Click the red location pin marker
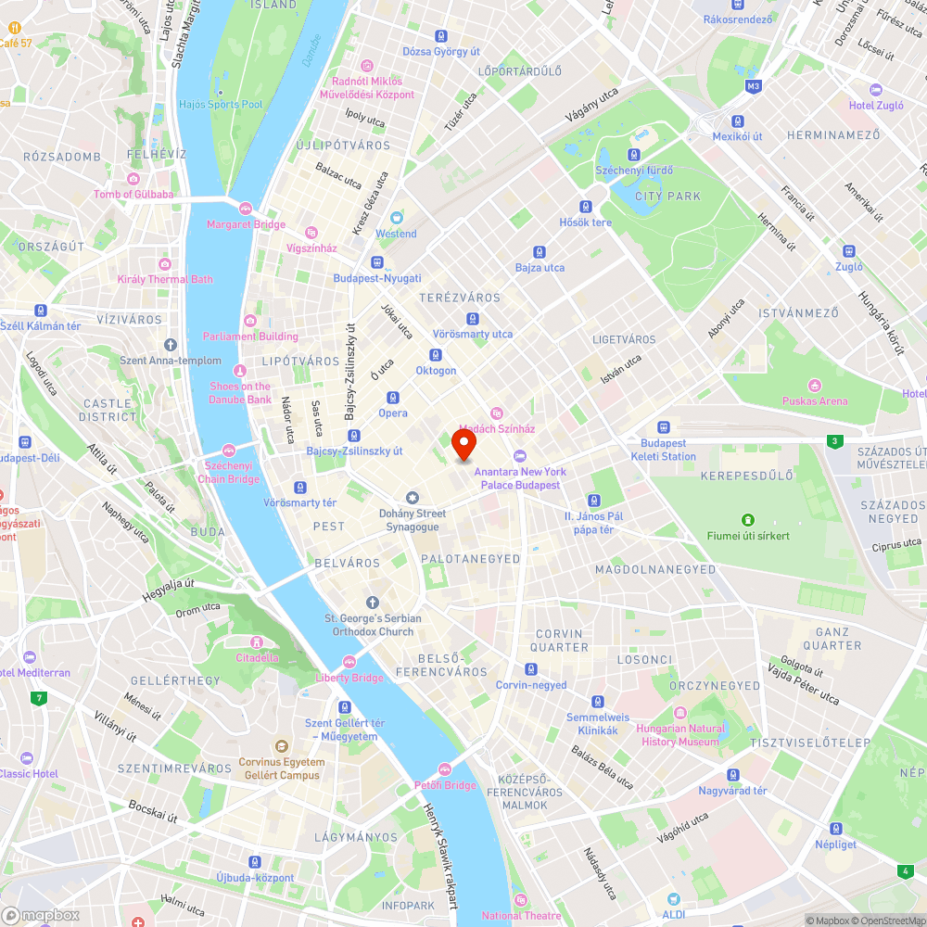click(463, 444)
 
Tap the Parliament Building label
click(251, 337)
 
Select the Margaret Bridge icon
click(246, 210)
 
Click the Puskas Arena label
click(815, 401)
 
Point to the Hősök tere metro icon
click(586, 207)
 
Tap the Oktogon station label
click(436, 371)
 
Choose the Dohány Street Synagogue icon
click(413, 498)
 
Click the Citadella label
click(257, 658)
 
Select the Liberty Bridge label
click(350, 678)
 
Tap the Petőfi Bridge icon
click(445, 769)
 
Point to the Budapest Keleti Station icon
click(664, 427)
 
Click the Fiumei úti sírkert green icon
click(747, 520)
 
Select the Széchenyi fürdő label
click(634, 171)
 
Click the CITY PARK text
click(668, 197)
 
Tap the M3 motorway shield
click(753, 86)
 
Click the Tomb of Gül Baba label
click(133, 195)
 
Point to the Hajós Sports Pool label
click(221, 105)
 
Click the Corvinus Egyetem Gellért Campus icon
click(282, 745)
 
